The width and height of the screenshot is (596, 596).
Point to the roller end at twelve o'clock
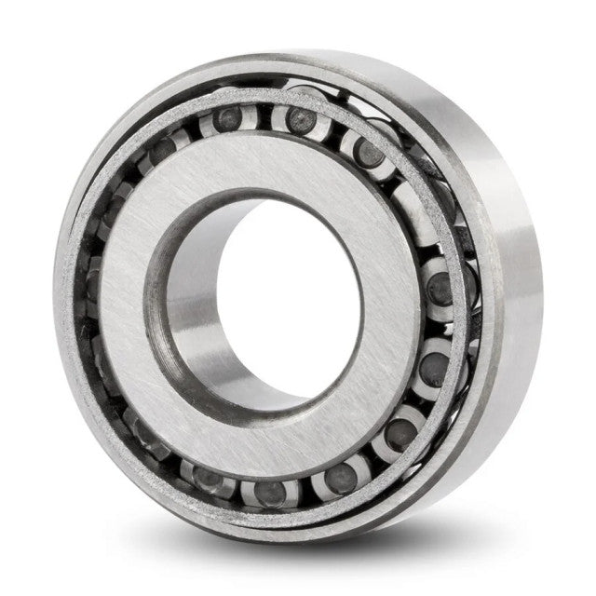coord(300,119)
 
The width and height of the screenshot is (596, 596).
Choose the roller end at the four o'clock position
coord(430,368)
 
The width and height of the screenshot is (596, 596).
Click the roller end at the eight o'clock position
coord(149,433)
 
